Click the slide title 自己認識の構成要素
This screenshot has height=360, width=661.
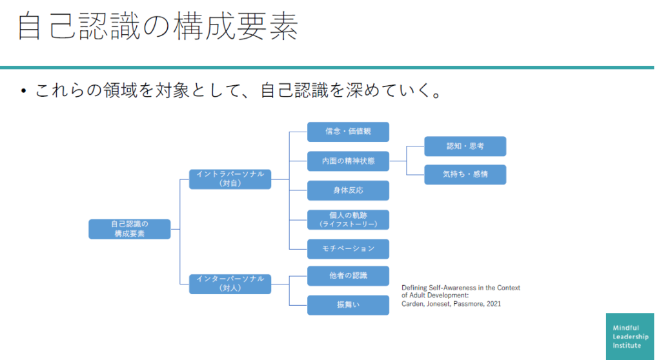[158, 27]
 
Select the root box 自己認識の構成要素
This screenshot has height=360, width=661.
[130, 229]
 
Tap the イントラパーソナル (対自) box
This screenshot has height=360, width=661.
[230, 179]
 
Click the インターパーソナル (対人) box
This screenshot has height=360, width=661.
[230, 284]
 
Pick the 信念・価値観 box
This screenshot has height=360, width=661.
[348, 132]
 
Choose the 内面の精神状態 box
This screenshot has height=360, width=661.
[348, 161]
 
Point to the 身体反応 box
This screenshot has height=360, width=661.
[348, 190]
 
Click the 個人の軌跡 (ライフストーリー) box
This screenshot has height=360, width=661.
[348, 219]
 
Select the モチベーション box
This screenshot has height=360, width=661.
[348, 249]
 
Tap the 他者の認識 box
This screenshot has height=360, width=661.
[348, 275]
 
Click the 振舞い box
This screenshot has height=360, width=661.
[348, 305]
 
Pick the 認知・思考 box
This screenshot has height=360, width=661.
[465, 146]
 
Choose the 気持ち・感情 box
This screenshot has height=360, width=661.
[465, 174]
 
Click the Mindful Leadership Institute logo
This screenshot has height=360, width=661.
[629, 336]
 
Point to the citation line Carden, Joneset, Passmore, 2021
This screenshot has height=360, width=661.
[451, 303]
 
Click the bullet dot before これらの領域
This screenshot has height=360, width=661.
[23, 92]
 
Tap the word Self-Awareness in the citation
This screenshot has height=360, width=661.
[445, 288]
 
